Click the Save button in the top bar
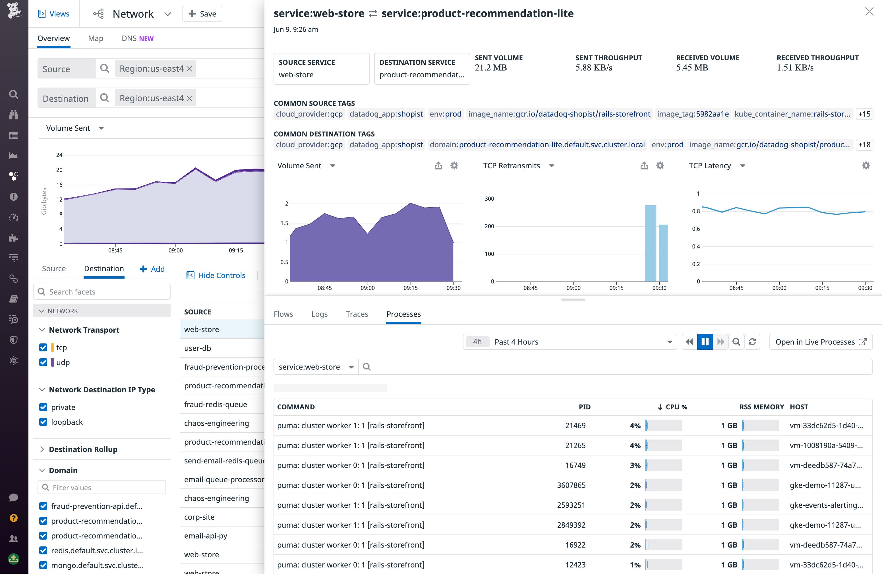202,14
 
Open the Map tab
96,38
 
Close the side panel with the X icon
869,12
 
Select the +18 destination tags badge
864,144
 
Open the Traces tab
357,314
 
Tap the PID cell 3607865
571,485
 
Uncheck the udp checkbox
43,362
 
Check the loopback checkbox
43,422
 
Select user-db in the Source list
198,348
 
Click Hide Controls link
221,275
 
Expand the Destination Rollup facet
83,449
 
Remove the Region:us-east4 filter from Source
189,69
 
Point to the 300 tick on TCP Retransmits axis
489,199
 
